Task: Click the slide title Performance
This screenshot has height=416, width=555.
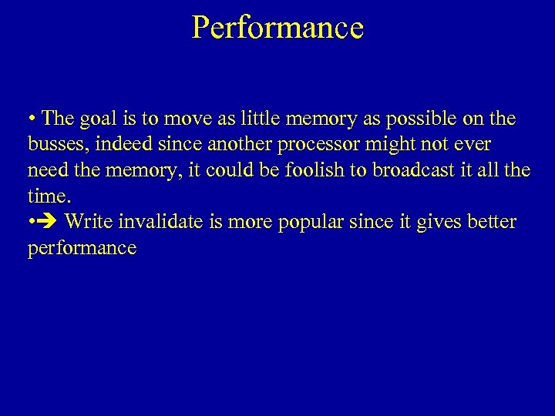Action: (x=277, y=28)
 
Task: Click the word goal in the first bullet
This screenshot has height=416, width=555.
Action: (x=89, y=119)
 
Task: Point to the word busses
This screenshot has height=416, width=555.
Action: (x=56, y=145)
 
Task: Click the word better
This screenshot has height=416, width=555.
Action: (x=490, y=222)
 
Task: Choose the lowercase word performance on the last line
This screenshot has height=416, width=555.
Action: (x=82, y=248)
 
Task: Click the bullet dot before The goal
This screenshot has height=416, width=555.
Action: (x=32, y=120)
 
